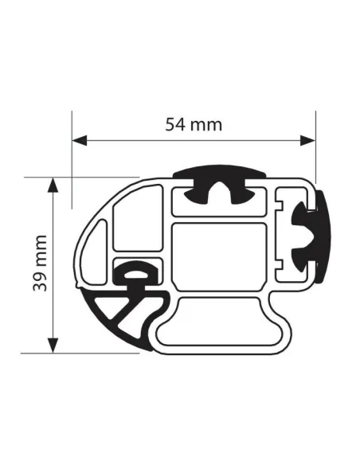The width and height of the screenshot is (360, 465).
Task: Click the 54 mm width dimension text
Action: pos(194,124)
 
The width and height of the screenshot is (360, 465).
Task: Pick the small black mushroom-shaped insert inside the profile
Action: pos(136,274)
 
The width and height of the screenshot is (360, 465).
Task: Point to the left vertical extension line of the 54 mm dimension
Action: pos(72,159)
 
